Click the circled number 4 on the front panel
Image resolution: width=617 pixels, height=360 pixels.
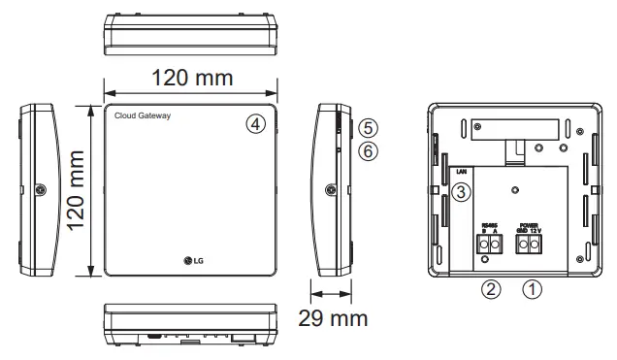[255, 124]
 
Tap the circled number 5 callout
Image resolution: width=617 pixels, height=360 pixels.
[366, 128]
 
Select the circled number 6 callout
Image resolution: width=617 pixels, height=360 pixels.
[366, 150]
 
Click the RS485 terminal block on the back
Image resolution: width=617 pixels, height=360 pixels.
[488, 245]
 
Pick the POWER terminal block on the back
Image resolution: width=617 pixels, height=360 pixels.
[530, 245]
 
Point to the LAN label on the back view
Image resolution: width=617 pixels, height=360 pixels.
[463, 171]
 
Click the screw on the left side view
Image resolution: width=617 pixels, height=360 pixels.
[39, 190]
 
